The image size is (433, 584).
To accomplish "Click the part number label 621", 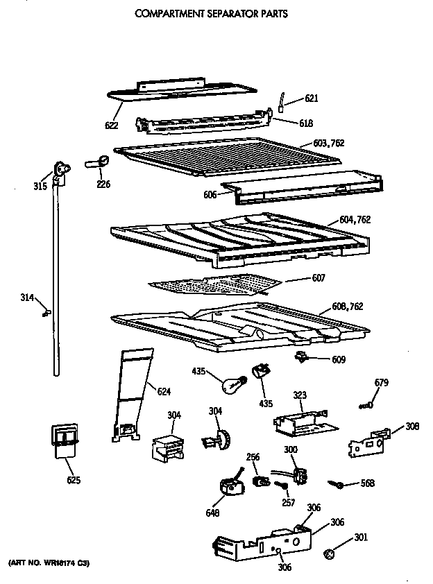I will [312, 99].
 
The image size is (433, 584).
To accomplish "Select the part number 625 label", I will [74, 481].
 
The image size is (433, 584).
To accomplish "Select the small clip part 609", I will [302, 357].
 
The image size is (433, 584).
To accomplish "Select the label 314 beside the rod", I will [27, 298].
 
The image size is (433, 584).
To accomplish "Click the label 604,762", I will [355, 220].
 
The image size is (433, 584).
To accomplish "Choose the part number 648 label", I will [212, 513].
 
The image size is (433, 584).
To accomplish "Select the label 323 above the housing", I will [299, 395].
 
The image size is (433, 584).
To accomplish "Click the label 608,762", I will [347, 306].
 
